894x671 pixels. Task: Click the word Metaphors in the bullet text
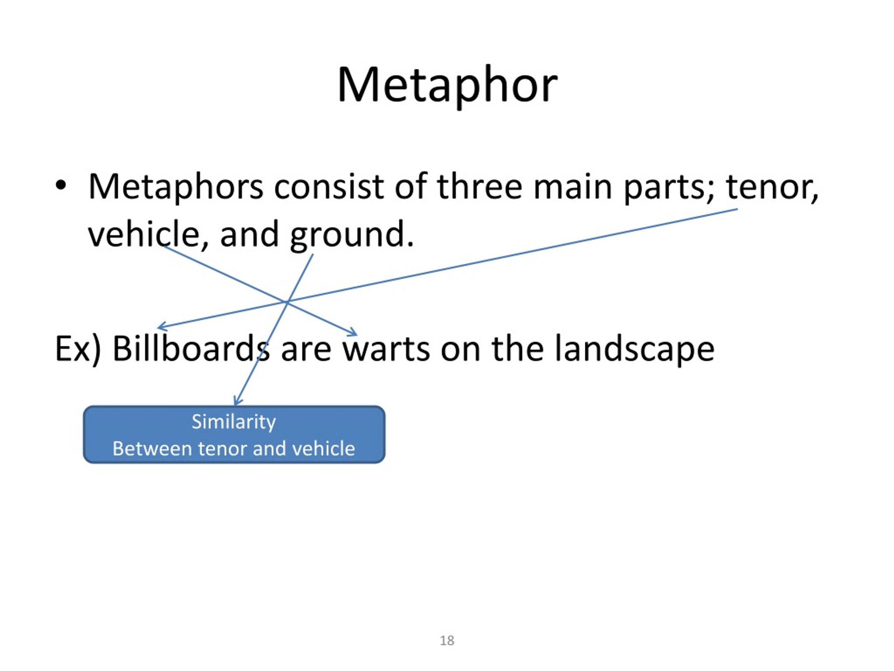(x=175, y=187)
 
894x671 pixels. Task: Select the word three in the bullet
(x=480, y=187)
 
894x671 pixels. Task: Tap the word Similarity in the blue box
(x=234, y=422)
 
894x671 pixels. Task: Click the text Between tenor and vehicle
(x=234, y=448)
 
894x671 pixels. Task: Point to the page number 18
(x=447, y=641)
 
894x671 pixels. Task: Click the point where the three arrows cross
(x=287, y=302)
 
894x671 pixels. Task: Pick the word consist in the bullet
(x=329, y=187)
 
